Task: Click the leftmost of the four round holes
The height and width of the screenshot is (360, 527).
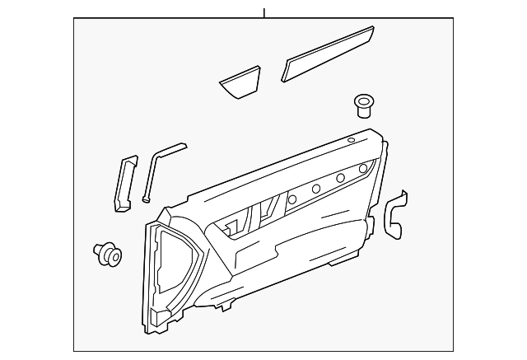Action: click(291, 199)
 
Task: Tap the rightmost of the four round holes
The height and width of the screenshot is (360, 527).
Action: click(363, 170)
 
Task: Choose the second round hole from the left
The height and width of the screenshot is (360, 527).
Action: click(315, 189)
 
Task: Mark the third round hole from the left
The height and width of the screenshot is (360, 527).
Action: click(339, 179)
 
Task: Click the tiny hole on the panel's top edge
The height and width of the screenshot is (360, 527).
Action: click(352, 142)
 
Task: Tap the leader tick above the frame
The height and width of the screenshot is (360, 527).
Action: click(264, 12)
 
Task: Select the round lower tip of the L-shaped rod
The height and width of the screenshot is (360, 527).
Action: click(145, 197)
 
